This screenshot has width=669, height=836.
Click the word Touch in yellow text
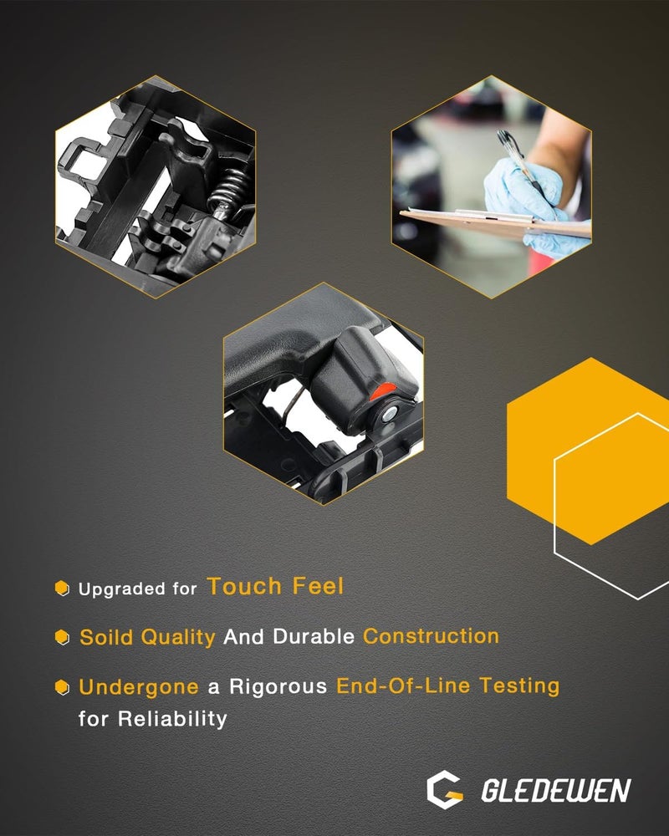click(244, 586)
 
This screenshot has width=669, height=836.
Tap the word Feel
click(318, 586)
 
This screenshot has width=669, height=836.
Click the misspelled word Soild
click(106, 636)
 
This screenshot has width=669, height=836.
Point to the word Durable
click(314, 636)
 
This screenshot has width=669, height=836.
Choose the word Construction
click(431, 635)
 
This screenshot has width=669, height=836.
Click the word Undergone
click(139, 686)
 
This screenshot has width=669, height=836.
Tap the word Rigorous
click(278, 686)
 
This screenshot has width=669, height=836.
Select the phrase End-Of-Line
click(403, 686)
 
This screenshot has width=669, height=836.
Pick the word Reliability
click(172, 719)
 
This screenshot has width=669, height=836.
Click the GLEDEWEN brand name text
click(556, 790)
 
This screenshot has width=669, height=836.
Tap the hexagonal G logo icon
click(444, 790)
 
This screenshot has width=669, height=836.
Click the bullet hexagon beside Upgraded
click(63, 588)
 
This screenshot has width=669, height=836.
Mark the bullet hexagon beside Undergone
click(63, 686)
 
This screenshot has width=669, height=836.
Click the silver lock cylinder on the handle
click(391, 414)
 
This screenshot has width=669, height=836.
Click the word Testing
click(519, 686)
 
